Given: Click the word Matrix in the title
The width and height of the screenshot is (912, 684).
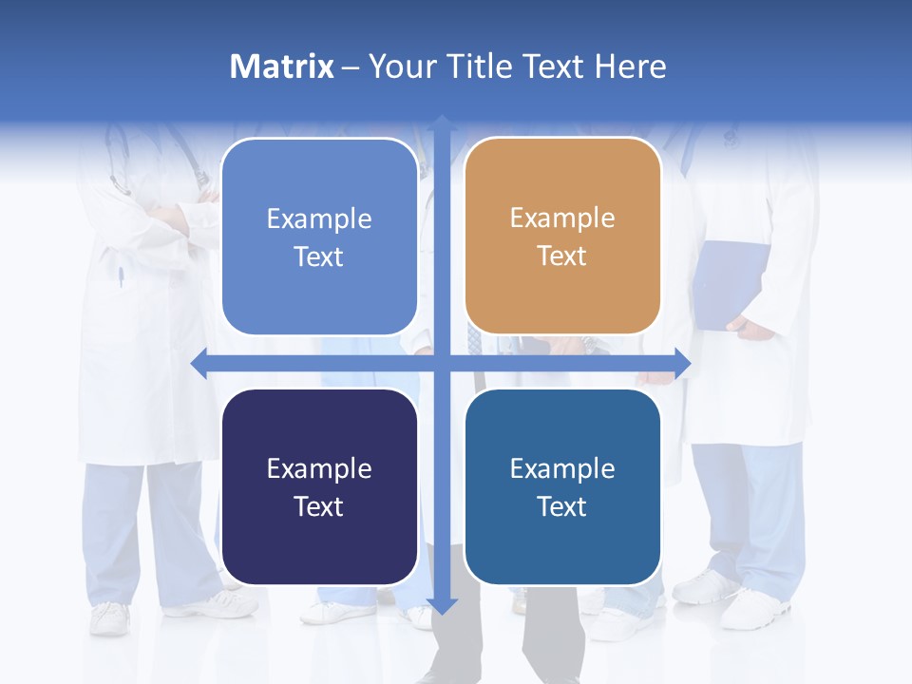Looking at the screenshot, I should coord(281,66).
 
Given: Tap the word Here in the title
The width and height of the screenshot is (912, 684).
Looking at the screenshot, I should coord(630,66).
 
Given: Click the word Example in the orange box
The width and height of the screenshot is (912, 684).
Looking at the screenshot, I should coord(562,218).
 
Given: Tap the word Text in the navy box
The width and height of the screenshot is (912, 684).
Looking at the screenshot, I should coord(319,506).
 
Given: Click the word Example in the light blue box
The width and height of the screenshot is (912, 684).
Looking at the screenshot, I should coord(319,219).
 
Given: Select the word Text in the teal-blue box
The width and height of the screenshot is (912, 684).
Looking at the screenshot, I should coord(562,506).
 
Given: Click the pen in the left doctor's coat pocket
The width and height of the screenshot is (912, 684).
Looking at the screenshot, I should coord(121,276).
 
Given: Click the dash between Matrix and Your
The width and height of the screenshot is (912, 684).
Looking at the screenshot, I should coord(351,67).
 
